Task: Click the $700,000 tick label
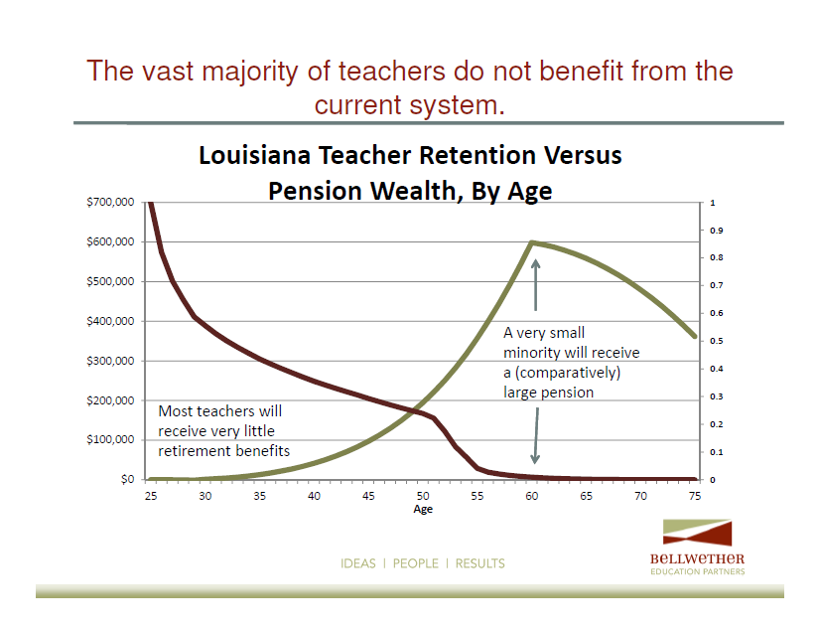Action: (x=110, y=202)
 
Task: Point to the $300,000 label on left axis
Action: (x=110, y=361)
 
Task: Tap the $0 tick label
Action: (x=127, y=479)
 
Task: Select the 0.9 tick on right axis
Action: (x=717, y=231)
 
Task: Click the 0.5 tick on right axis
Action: (x=717, y=341)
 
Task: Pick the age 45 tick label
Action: (x=368, y=496)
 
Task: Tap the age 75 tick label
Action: (x=695, y=496)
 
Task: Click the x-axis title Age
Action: (x=423, y=509)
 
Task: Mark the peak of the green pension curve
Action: (x=531, y=242)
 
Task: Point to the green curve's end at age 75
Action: (x=694, y=336)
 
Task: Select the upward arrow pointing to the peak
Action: (x=535, y=285)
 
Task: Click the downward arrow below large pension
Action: (x=536, y=435)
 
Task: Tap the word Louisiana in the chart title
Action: (x=254, y=156)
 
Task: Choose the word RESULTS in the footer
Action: (x=479, y=563)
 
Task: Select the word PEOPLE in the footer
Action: (x=416, y=563)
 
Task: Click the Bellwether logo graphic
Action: (x=698, y=533)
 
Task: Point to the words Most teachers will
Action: (x=220, y=411)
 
